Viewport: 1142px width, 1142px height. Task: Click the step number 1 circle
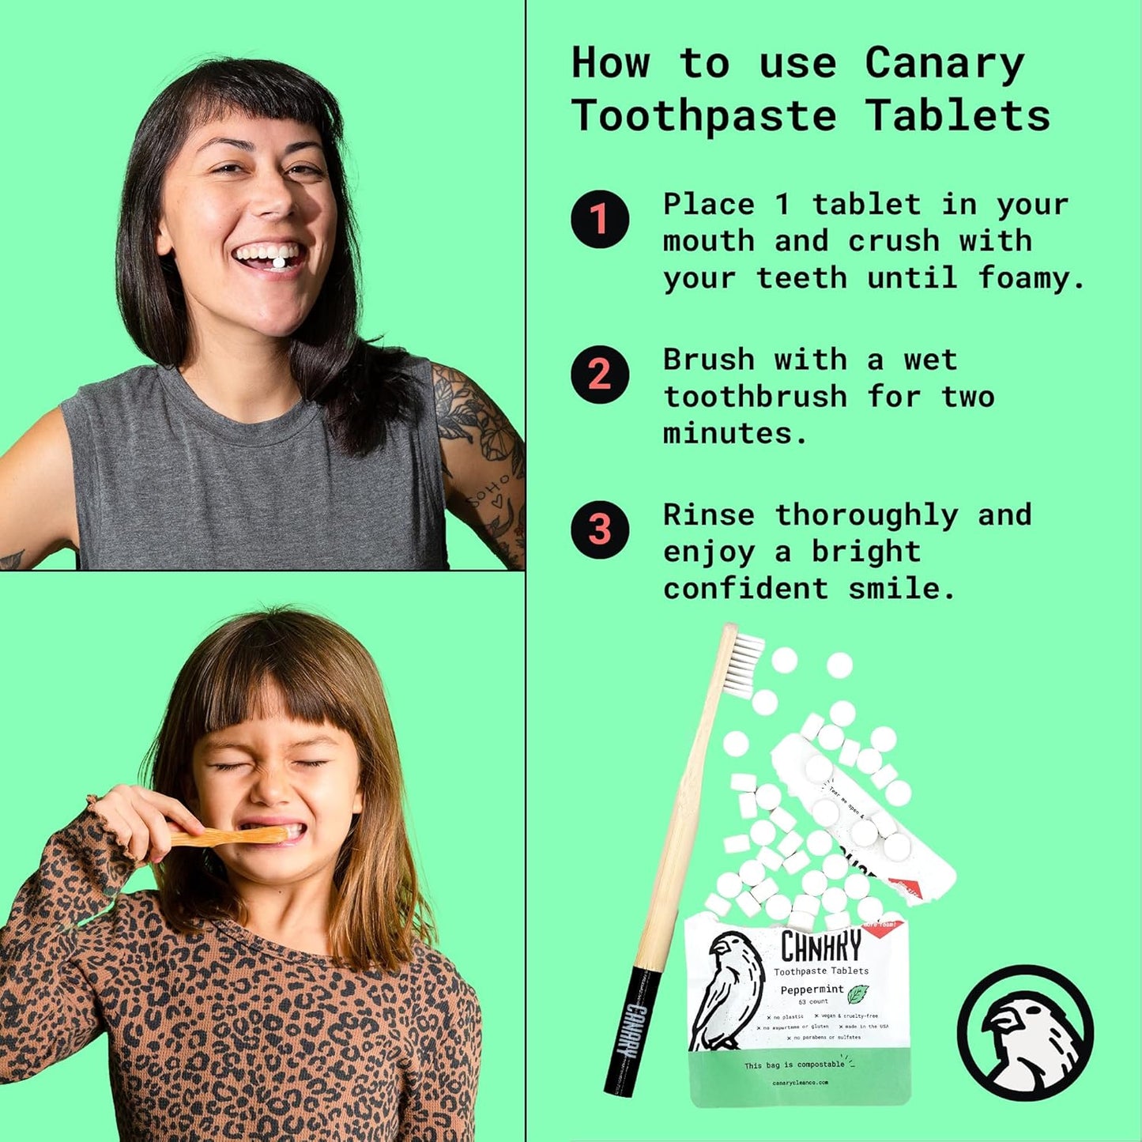tap(600, 219)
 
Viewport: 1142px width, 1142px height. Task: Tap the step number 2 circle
tap(600, 375)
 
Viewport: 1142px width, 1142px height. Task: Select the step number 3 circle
tap(600, 530)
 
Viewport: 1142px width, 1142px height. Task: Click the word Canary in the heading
tap(944, 63)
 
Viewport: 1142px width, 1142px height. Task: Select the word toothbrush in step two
tap(755, 396)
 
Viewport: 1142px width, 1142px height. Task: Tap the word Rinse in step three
tap(708, 515)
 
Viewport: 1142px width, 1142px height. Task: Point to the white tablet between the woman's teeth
tap(277, 261)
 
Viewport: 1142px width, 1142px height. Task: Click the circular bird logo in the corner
tap(1025, 1032)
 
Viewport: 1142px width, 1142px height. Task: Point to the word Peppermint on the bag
tap(812, 989)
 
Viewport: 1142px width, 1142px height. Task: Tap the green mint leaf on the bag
tap(857, 993)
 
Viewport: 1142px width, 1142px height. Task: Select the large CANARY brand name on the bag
tap(820, 946)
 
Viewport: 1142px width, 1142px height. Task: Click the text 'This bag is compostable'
tap(793, 1065)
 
